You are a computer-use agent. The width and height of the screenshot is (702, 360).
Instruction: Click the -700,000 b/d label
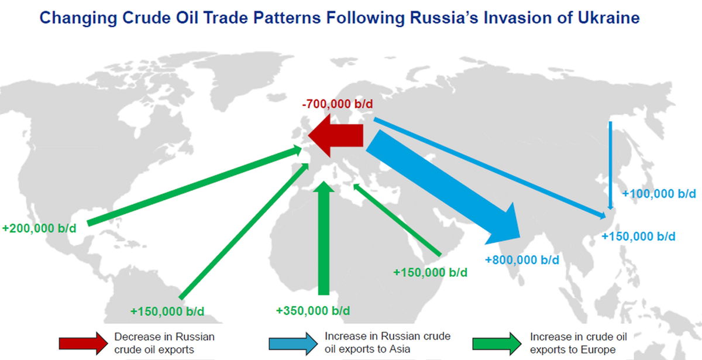338,104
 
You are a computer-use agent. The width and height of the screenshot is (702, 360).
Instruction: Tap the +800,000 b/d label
522,260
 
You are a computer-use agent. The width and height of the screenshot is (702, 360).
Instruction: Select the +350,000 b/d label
313,311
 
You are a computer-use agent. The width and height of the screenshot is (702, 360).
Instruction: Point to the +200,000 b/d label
39,228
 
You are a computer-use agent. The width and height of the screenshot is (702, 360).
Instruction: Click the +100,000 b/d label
659,194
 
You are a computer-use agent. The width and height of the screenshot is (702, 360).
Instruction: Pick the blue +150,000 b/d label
638,236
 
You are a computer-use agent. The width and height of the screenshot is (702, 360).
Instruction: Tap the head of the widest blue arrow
504,224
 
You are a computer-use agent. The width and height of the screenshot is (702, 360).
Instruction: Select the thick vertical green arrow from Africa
324,238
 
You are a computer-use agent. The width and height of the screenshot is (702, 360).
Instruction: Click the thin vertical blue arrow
610,165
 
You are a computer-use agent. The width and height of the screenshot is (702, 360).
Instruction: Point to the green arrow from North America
194,186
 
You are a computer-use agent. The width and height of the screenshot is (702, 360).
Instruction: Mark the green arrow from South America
244,231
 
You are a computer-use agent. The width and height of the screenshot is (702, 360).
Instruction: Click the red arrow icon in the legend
83,344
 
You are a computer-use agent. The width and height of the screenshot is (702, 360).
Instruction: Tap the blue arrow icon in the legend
293,344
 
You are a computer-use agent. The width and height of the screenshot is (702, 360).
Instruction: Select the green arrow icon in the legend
497,344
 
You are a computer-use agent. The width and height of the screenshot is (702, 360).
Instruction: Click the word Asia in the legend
399,349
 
